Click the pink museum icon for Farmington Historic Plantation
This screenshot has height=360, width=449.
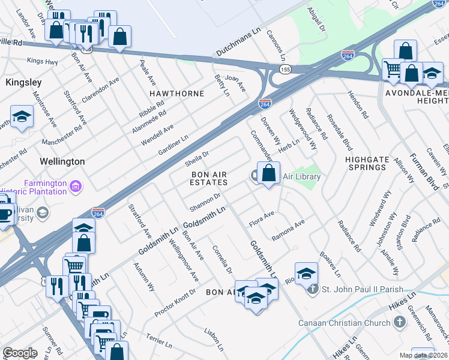[76, 187]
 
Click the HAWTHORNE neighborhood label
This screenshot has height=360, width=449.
[177, 94]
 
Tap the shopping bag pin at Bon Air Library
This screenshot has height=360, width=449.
[268, 173]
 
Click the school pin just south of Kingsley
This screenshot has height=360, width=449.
[22, 117]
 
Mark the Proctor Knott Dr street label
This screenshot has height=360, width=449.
[175, 303]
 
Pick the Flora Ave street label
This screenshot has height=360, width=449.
[262, 218]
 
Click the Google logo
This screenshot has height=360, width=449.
[20, 353]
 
